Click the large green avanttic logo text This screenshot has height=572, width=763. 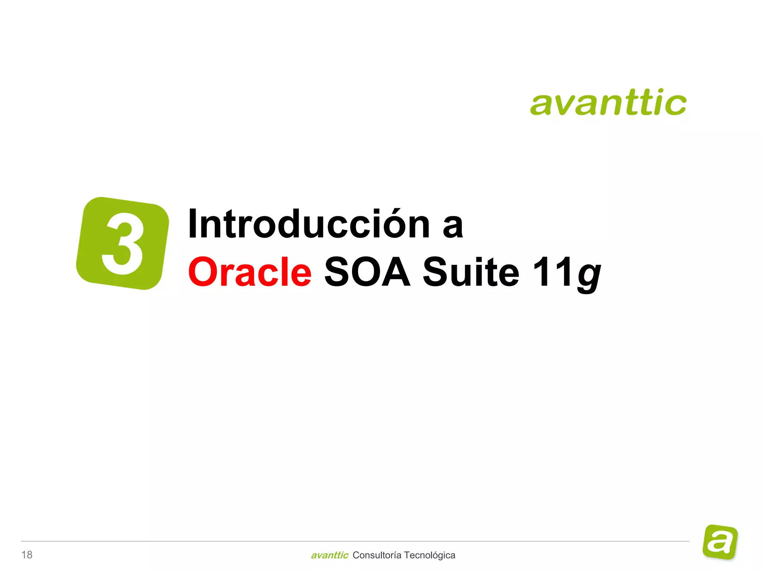coord(608,102)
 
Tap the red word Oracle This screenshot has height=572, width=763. coord(250,272)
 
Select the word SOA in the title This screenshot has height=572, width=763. coord(367,272)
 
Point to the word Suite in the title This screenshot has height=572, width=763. coord(471,272)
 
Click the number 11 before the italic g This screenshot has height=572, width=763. coord(553,272)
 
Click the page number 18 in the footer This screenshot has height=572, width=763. coord(27,555)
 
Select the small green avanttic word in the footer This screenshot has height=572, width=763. coord(329,555)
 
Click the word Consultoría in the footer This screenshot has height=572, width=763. coord(377,555)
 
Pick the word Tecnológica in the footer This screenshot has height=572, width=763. coord(430,555)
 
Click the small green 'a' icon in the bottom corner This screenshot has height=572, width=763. coord(720,542)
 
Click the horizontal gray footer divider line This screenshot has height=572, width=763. coord(354,541)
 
